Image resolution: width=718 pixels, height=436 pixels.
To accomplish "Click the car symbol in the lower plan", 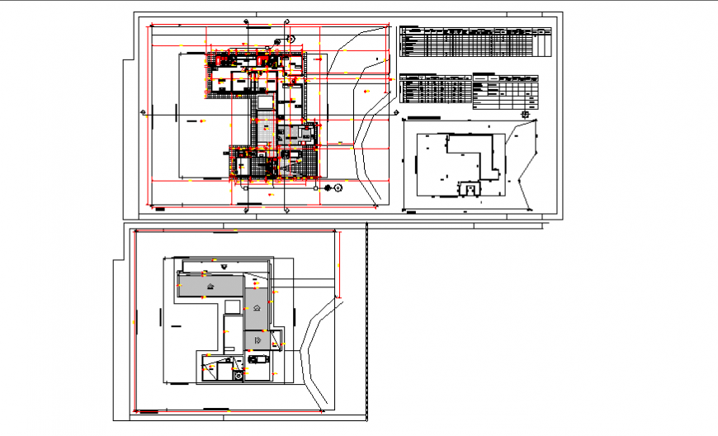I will click(x=253, y=359).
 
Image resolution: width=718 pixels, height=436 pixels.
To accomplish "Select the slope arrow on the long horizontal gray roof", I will click(x=211, y=286).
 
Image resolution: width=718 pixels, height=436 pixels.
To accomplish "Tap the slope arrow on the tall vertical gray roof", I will click(x=257, y=307).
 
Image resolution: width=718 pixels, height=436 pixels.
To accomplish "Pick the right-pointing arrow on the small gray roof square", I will click(x=257, y=339).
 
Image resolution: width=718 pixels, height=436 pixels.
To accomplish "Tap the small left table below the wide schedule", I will click(x=434, y=87).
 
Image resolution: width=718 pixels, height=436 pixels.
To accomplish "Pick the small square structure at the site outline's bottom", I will click(x=470, y=190).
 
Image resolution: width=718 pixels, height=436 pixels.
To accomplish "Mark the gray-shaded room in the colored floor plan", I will click(x=291, y=137).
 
